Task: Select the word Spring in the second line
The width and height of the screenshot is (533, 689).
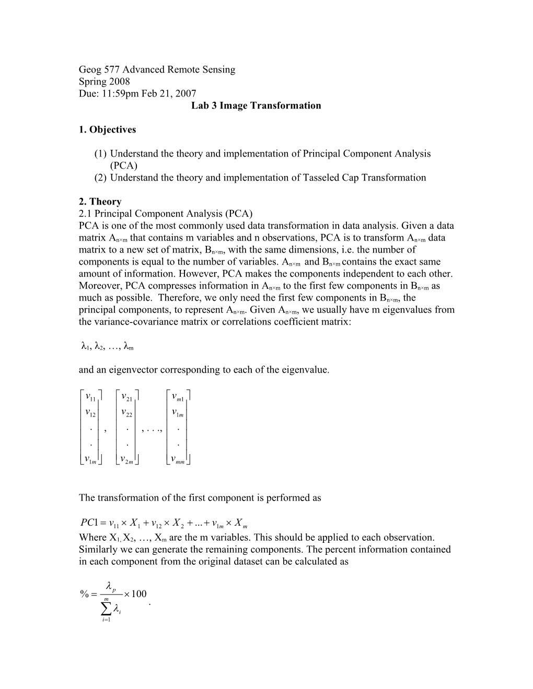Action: [91, 81]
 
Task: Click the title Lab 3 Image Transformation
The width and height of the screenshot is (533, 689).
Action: [256, 105]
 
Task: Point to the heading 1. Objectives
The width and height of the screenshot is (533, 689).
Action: [107, 129]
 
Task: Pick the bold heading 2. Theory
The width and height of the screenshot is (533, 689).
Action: [100, 201]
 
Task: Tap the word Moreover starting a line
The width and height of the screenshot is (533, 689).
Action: [97, 286]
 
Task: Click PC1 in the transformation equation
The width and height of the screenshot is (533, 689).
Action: [87, 522]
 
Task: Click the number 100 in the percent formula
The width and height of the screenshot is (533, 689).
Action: [138, 593]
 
